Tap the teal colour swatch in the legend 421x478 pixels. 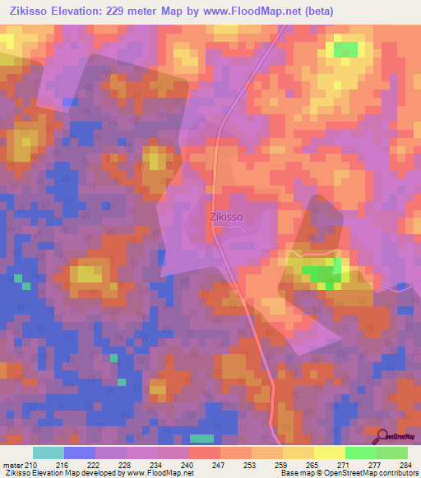tap(49, 453)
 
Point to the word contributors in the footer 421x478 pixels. tap(393, 473)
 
